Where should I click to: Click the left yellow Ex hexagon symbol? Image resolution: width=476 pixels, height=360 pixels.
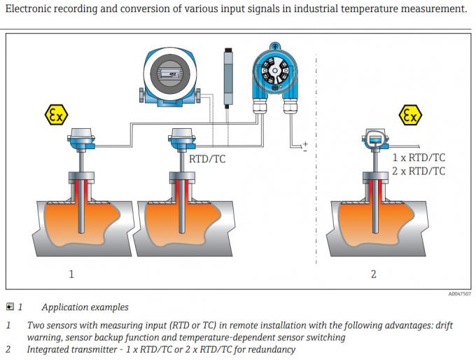pyautogui.click(x=57, y=116)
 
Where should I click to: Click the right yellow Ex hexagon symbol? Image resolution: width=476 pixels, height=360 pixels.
pyautogui.click(x=409, y=116)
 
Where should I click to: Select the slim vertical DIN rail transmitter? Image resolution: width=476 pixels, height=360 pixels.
pyautogui.click(x=228, y=74)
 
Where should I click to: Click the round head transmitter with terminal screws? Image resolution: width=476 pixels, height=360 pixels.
pyautogui.click(x=274, y=71)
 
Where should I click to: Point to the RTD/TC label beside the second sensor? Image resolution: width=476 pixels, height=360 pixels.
pyautogui.click(x=208, y=160)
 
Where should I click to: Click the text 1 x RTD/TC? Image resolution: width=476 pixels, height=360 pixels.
pyautogui.click(x=419, y=158)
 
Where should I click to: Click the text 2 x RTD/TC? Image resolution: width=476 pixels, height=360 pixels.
pyautogui.click(x=419, y=171)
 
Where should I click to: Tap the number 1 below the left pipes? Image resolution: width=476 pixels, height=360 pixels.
pyautogui.click(x=71, y=274)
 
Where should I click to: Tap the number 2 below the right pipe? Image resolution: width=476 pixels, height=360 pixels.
pyautogui.click(x=373, y=274)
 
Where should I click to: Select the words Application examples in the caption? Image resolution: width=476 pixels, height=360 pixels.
pyautogui.click(x=85, y=307)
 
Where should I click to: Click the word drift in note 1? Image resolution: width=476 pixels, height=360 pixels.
pyautogui.click(x=443, y=325)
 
